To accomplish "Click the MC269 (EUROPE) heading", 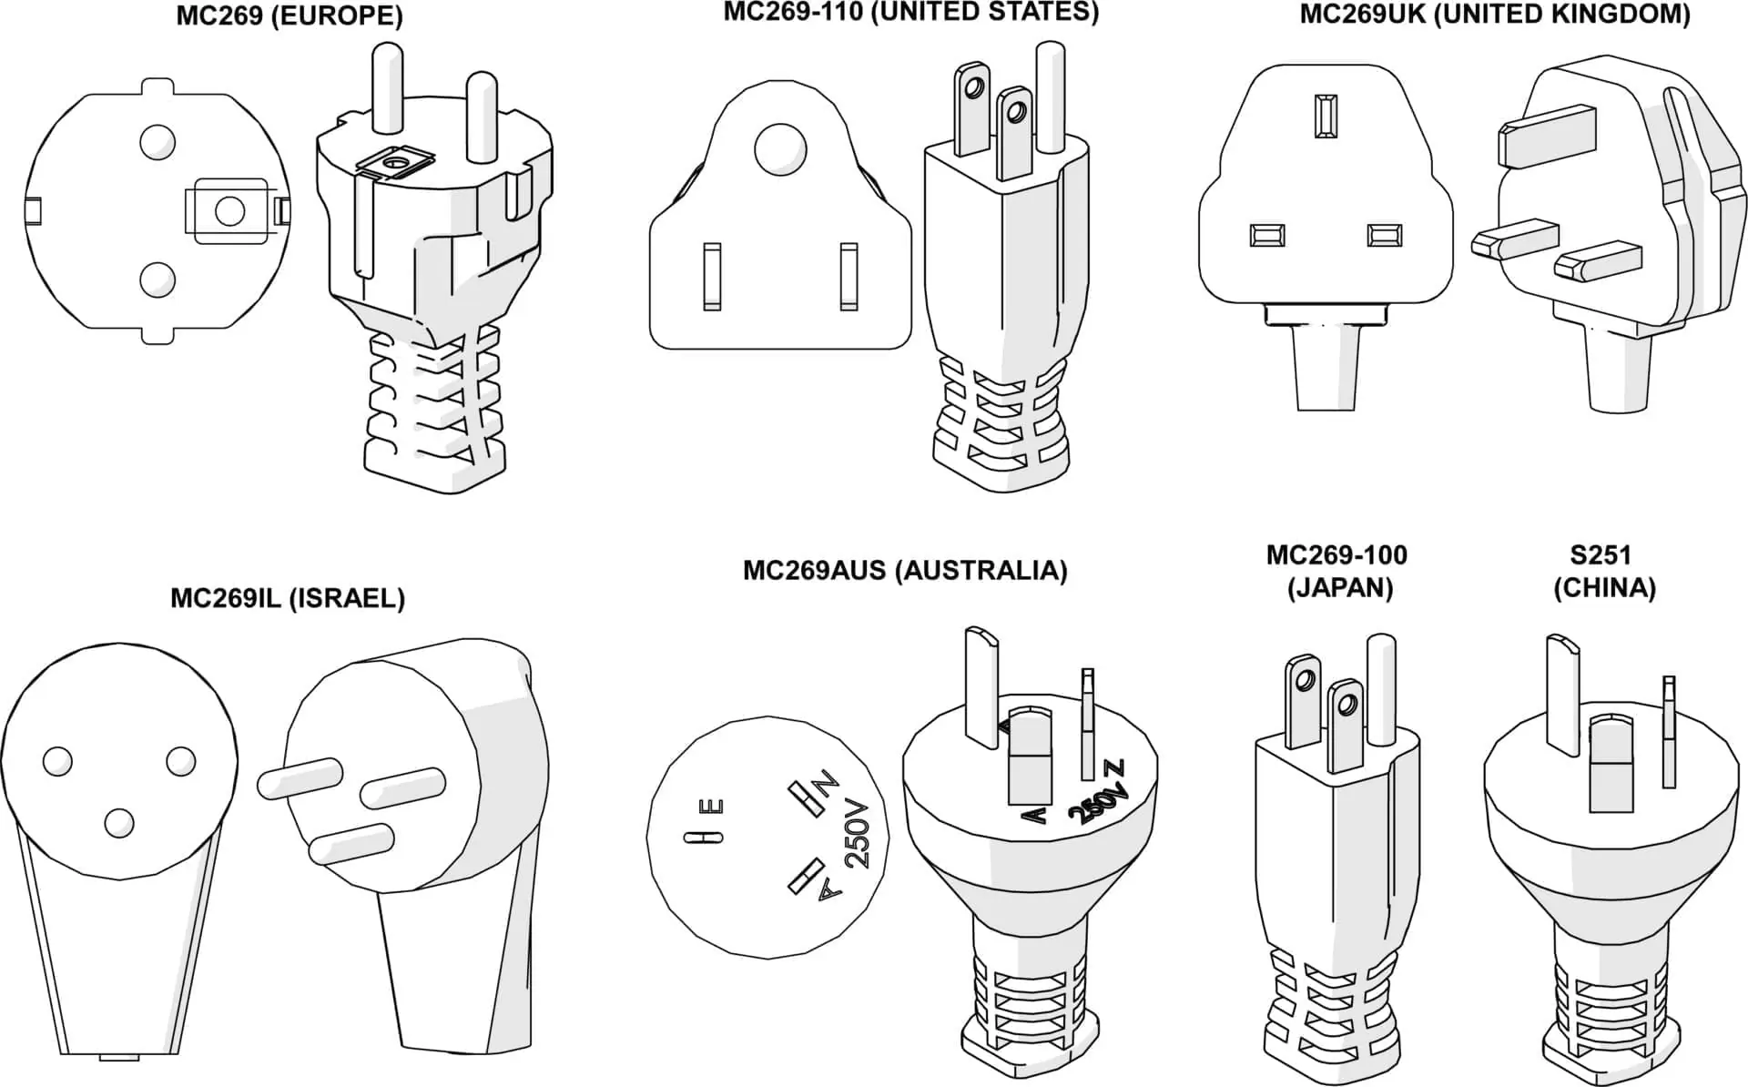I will (289, 16).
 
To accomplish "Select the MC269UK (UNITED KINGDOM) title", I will (1494, 15).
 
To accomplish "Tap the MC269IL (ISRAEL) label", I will (288, 598).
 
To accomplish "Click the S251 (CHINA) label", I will (1604, 571).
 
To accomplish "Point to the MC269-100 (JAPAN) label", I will (1336, 571).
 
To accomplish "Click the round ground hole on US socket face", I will (780, 148).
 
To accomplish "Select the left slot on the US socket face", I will (712, 275).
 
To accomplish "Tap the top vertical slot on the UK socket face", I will (1326, 116).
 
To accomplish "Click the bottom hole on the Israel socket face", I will (118, 823).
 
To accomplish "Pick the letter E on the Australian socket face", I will (716, 807).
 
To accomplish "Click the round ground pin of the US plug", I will (1050, 96).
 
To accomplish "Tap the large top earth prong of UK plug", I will (1546, 136).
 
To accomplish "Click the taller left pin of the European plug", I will (387, 86).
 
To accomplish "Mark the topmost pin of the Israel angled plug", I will (300, 779).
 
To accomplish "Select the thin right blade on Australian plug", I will (1087, 724).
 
